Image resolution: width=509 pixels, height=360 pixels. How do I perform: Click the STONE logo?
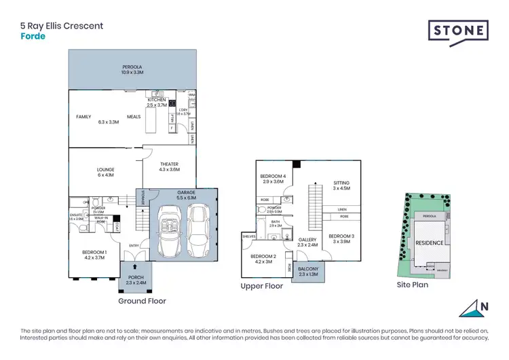[x=458, y=31]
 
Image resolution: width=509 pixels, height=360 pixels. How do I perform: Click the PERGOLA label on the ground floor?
[x=132, y=67]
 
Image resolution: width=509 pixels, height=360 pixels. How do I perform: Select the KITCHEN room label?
[x=156, y=100]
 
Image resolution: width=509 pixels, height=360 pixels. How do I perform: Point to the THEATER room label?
[x=169, y=164]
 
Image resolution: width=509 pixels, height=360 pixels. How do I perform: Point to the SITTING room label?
[x=341, y=183]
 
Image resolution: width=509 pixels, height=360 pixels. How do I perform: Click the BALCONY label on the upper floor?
[x=309, y=269]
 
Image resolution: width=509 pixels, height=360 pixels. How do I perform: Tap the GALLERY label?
[x=307, y=239]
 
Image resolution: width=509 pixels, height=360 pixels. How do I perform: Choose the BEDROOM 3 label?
[x=339, y=236]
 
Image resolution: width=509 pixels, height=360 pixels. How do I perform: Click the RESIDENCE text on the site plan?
[x=429, y=242]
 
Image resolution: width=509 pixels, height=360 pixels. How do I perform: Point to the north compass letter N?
[x=483, y=306]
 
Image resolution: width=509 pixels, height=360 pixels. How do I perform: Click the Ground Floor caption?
[x=142, y=300]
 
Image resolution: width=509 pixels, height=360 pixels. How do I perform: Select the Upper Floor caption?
[x=261, y=287]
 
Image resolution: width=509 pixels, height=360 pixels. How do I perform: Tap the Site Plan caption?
[x=413, y=285]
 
